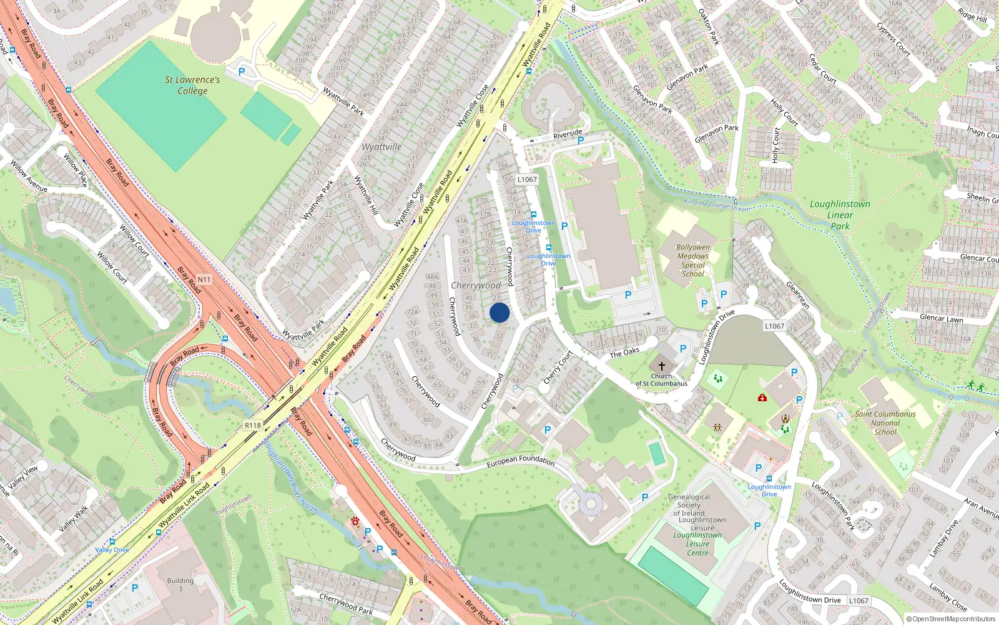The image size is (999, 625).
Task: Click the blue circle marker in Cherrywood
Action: [499, 312]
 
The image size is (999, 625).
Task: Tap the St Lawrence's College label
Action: [192, 85]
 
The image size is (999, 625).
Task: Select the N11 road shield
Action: [204, 279]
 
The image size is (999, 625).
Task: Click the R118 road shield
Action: [253, 426]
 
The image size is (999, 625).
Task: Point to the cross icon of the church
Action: [662, 366]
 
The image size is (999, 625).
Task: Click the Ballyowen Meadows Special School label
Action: [693, 261]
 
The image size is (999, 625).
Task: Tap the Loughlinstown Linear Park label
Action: [840, 215]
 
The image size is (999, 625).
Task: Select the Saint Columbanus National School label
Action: [885, 422]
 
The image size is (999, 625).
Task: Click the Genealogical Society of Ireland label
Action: [689, 505]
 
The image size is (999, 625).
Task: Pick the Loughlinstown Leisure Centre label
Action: [698, 544]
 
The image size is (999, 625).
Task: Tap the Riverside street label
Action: [568, 134]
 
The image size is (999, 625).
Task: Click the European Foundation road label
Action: [521, 461]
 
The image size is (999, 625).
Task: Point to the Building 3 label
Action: [180, 584]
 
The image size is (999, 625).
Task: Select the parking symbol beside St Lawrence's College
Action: [242, 72]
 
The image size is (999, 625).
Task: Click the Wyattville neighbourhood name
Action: [381, 147]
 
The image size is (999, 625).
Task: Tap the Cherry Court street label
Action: [558, 367]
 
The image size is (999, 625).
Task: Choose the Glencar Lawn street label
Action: [942, 318]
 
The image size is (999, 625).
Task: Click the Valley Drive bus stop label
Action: [112, 550]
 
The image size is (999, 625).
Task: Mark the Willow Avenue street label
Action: [29, 176]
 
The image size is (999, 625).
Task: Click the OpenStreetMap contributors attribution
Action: [950, 619]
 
